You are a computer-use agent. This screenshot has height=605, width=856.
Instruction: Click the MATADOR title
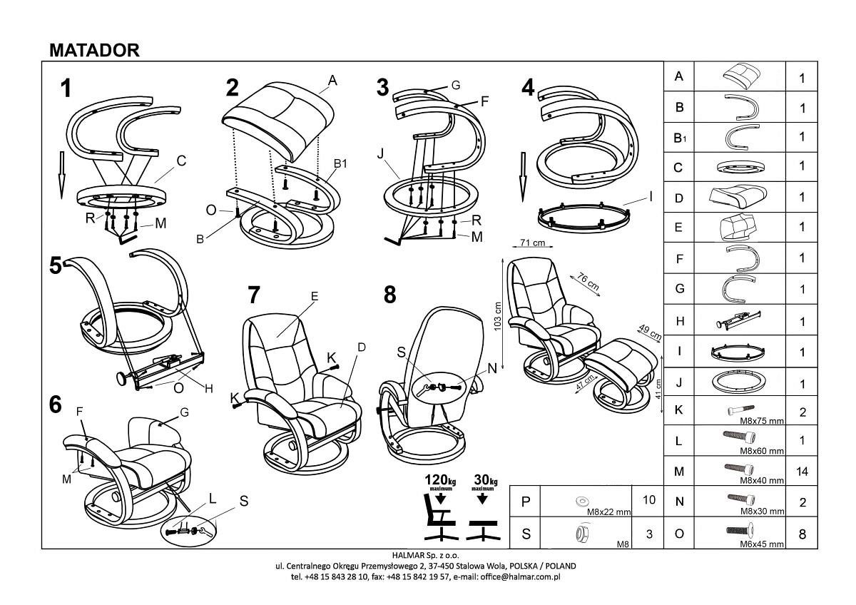(x=94, y=49)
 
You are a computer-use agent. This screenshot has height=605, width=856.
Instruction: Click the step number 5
(x=56, y=266)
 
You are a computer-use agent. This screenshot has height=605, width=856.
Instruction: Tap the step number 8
(x=389, y=295)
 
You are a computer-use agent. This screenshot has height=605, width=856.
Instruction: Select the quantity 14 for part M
(x=802, y=472)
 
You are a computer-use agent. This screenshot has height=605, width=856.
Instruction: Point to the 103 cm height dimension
(x=498, y=314)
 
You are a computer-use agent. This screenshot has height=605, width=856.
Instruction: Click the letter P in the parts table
(x=526, y=502)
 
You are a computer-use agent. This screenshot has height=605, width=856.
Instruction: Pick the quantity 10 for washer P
(x=648, y=501)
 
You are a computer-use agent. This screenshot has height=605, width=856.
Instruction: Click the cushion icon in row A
(x=739, y=76)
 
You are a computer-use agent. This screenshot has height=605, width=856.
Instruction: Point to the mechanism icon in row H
(x=739, y=320)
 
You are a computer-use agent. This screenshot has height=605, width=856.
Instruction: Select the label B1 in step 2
(x=340, y=164)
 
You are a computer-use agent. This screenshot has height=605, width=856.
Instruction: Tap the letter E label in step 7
(x=314, y=295)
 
